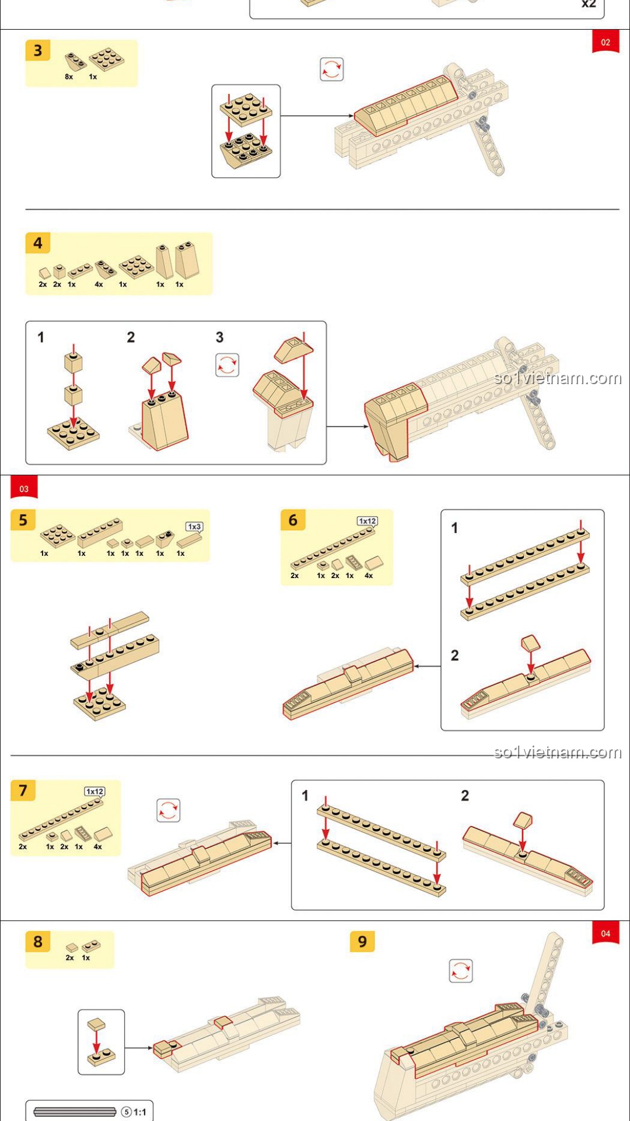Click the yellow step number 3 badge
coord(38,51)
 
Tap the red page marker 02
coord(605,42)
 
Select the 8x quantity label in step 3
coord(69,76)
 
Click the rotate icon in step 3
coord(331,69)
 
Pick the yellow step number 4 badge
coord(38,243)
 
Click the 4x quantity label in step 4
coord(99,284)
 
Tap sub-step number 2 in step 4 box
coord(131,337)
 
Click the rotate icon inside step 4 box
coord(227,365)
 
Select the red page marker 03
coord(24,488)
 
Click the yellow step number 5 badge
coord(23,520)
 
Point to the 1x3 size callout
coord(194,527)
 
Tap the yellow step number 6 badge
coord(293,520)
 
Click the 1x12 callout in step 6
coord(367,521)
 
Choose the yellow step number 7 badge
coord(23,790)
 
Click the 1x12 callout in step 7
coord(94,791)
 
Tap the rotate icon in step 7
coord(169,810)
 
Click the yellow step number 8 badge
coord(38,941)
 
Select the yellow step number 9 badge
coord(362,941)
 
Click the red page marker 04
coord(605,933)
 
